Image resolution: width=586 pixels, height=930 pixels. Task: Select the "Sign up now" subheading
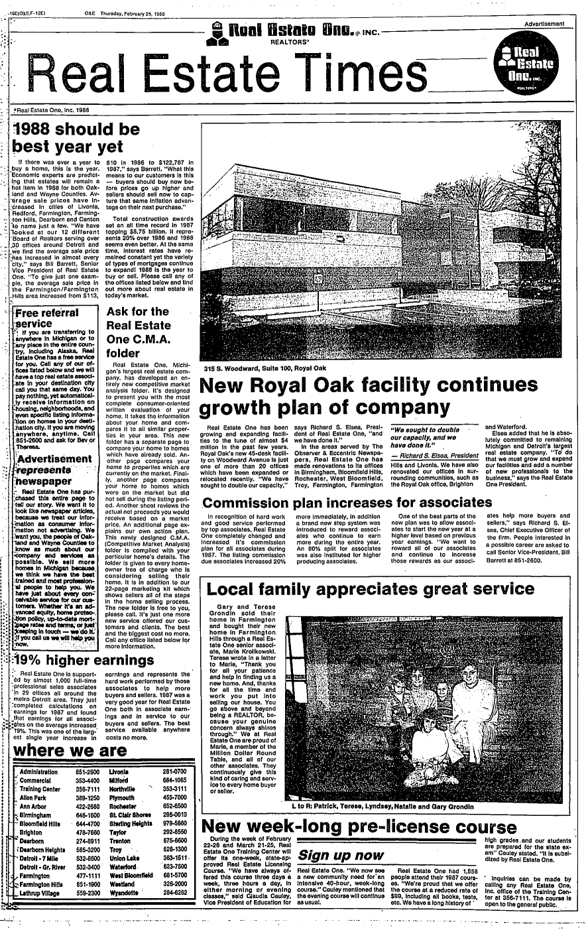click(341, 854)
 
